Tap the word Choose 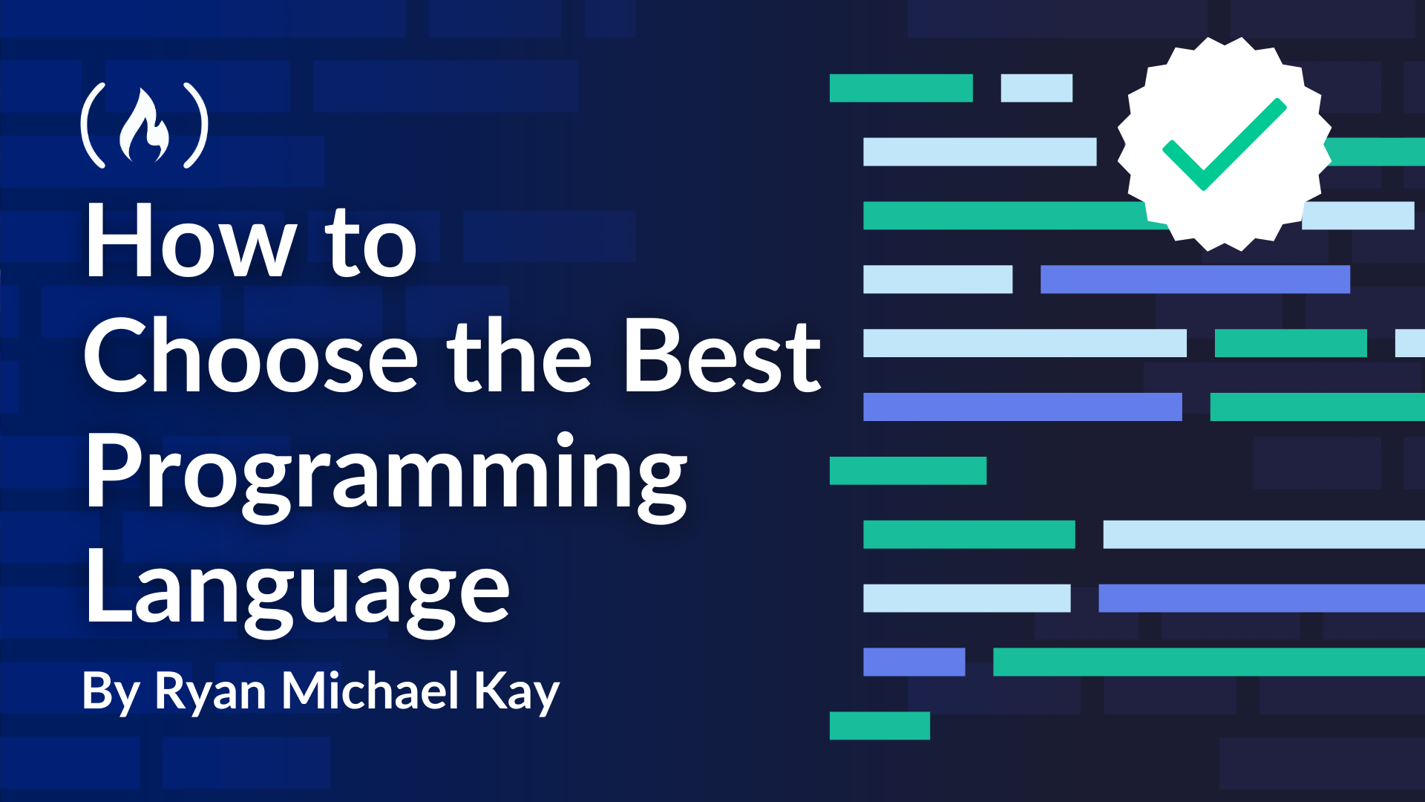point(251,356)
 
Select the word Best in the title point(722,356)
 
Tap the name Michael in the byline point(370,690)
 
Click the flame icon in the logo point(145,125)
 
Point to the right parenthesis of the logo point(196,125)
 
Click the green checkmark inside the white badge point(1224,144)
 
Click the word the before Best point(519,356)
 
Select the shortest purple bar point(914,662)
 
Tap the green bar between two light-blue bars point(1291,343)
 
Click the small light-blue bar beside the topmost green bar point(1036,88)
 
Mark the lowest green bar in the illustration point(879,726)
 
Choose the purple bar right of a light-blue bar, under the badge point(1195,279)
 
